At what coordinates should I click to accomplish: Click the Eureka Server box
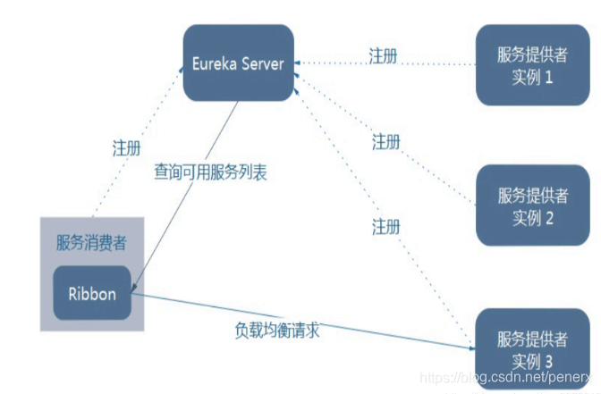click(239, 64)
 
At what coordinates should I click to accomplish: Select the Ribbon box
click(92, 293)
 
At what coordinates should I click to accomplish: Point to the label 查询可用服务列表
click(211, 172)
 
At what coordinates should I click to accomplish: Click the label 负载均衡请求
click(276, 330)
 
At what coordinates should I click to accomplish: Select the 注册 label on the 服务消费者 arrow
click(126, 145)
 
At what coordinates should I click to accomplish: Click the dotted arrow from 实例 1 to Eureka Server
click(385, 64)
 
